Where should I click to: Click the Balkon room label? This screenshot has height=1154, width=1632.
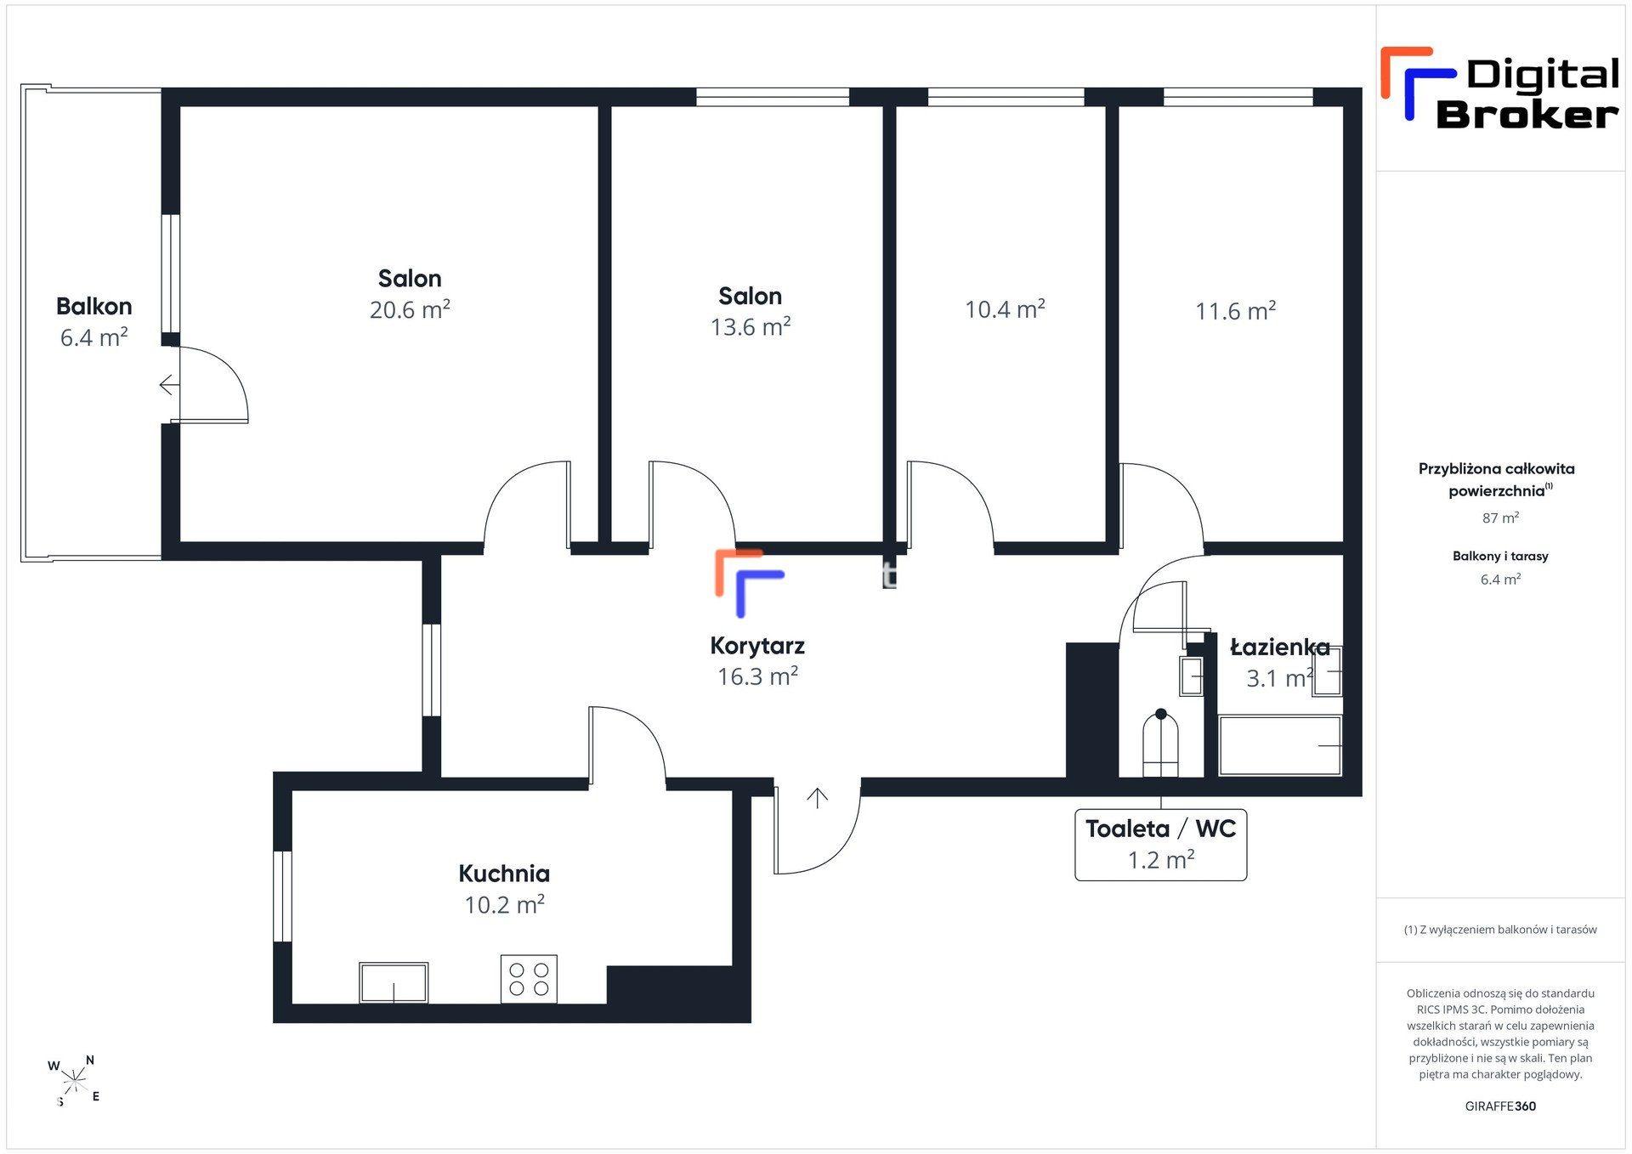click(93, 306)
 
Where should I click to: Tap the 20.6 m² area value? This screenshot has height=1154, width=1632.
click(410, 310)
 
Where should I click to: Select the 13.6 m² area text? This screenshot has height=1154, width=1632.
click(751, 327)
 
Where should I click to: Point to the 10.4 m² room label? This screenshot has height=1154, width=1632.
click(1005, 309)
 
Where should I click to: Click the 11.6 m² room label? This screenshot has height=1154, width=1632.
click(1236, 311)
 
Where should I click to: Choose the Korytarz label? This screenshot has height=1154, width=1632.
click(757, 646)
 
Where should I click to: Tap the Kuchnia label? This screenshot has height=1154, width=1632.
click(504, 874)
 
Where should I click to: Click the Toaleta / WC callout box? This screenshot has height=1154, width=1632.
click(1161, 845)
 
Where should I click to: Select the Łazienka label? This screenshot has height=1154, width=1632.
click(1280, 648)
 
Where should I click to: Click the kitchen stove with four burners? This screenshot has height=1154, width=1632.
click(529, 979)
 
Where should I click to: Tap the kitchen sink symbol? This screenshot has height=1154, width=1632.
click(394, 983)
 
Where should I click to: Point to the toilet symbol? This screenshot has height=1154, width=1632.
click(1161, 744)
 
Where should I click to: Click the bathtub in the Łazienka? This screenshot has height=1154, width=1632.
click(1280, 746)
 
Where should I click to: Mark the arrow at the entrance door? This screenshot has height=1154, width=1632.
click(818, 798)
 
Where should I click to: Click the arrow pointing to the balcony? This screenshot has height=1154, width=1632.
click(170, 385)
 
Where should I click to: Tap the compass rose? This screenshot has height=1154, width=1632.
click(75, 1081)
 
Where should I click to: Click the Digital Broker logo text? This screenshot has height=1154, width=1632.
click(1527, 94)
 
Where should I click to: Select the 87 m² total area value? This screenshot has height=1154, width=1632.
click(1500, 518)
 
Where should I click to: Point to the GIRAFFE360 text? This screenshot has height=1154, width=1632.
click(1500, 1106)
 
